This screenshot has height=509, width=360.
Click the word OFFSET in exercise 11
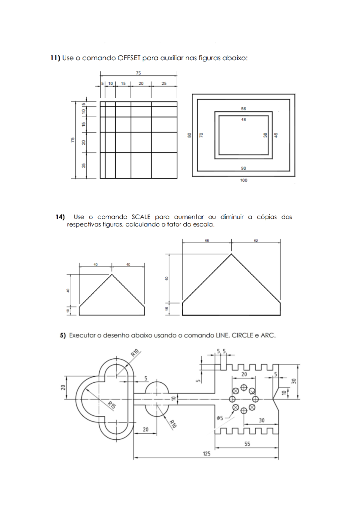[129, 58]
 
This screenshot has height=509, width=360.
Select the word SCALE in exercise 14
[141, 217]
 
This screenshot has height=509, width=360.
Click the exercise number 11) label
[55, 58]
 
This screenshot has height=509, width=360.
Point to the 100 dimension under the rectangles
[244, 180]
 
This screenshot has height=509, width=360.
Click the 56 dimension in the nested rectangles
[243, 109]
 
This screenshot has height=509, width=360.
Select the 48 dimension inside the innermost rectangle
[243, 119]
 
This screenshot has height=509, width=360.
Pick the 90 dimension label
[243, 168]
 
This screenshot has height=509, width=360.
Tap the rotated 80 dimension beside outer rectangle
[189, 135]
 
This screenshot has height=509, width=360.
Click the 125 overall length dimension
[206, 453]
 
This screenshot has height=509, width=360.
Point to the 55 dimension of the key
[247, 444]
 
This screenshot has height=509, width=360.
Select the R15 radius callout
[112, 405]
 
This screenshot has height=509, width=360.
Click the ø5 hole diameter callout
[220, 418]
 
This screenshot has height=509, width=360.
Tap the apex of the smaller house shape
[112, 274]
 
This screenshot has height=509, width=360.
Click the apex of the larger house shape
[231, 254]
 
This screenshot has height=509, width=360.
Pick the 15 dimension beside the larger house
[167, 309]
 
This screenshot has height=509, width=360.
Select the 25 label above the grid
[164, 83]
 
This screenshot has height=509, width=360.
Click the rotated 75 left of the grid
[73, 140]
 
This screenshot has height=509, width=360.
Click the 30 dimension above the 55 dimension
[262, 420]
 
